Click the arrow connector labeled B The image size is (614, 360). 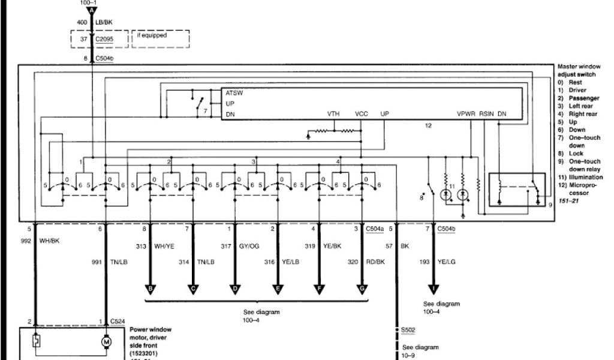tap(150, 289)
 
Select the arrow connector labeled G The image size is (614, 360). tap(362, 289)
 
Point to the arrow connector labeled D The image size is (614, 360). tap(235, 289)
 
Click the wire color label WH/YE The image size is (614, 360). tap(164, 245)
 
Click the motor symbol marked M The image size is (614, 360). tap(107, 341)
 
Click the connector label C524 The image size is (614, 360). tap(118, 322)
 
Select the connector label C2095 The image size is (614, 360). tap(119, 40)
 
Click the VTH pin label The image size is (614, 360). tap(333, 113)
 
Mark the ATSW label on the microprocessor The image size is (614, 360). tap(234, 93)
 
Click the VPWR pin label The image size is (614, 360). tap(465, 113)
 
